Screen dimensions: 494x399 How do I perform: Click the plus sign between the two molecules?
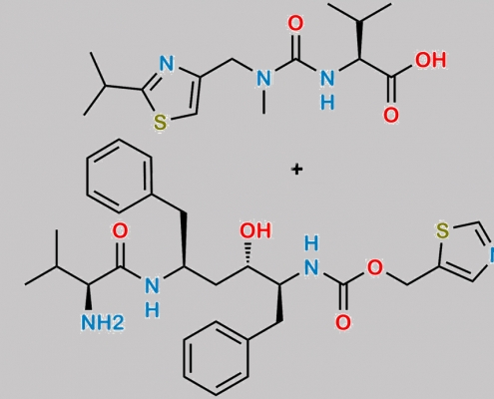297,170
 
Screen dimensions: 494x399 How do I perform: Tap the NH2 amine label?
103,322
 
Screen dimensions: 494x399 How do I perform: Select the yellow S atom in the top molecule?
160,123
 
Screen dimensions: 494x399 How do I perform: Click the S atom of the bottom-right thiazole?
443,230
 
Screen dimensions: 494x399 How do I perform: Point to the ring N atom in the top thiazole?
167,64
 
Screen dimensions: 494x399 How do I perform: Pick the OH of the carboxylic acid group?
430,60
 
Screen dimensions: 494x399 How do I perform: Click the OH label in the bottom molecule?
255,230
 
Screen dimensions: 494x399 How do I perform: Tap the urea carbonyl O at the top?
295,24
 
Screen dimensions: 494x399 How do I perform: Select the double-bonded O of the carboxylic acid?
391,115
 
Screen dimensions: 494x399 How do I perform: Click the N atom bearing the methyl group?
263,79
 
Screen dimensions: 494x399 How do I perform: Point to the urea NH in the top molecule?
327,90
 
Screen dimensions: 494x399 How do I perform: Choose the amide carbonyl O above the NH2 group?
120,230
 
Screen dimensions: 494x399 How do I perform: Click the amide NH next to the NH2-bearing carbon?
152,297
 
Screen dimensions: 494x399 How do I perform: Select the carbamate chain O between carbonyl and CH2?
375,267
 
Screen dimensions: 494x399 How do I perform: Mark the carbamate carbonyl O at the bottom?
343,322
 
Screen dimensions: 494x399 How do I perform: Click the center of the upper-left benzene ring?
119,177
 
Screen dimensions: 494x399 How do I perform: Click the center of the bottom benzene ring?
216,358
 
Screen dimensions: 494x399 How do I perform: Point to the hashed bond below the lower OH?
247,254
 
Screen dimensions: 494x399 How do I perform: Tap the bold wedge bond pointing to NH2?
89,297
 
